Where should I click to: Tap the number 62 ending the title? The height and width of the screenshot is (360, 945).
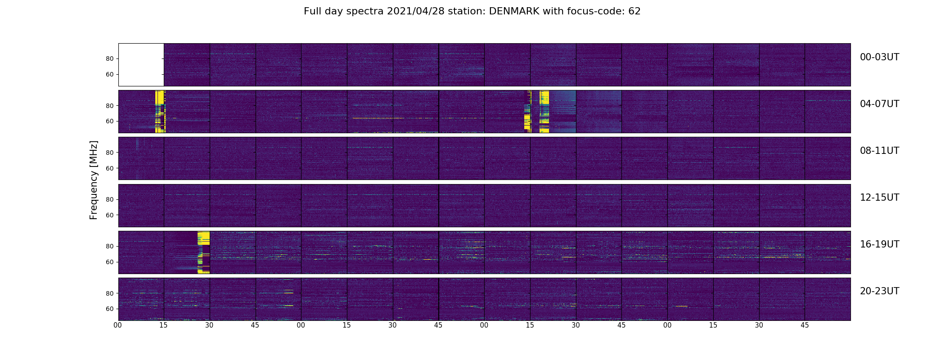[634, 11]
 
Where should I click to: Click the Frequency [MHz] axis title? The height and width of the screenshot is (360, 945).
[94, 180]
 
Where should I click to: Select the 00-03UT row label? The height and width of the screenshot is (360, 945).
[879, 57]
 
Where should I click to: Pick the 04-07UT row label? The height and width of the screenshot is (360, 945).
[879, 104]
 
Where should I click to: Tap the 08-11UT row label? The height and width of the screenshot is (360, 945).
[879, 151]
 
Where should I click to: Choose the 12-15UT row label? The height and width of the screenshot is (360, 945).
[879, 198]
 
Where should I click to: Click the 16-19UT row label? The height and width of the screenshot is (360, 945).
[879, 244]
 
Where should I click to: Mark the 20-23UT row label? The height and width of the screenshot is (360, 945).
[879, 291]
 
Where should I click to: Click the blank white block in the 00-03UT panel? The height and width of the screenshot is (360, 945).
[141, 64]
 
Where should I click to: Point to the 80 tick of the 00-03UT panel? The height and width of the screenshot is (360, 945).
[110, 59]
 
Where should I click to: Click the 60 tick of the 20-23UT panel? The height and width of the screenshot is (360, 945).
[110, 309]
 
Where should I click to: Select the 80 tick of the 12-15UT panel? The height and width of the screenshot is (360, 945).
[110, 200]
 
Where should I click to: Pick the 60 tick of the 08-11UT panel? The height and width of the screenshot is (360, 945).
[110, 168]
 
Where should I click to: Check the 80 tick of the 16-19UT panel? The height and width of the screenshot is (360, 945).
[110, 247]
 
